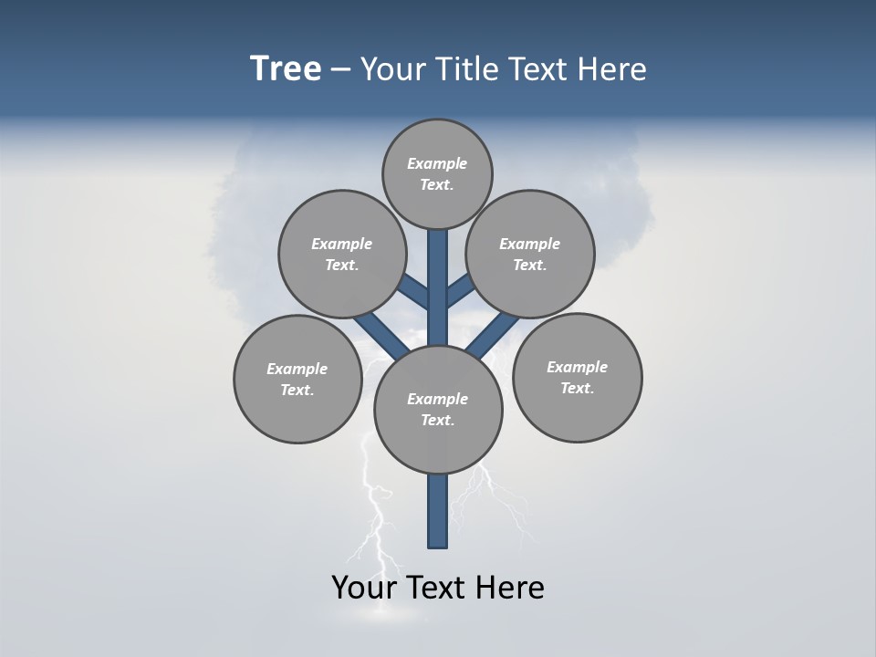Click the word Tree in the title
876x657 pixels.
pyautogui.click(x=286, y=69)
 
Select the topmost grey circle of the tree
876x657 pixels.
pyautogui.click(x=437, y=173)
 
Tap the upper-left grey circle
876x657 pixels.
pyautogui.click(x=341, y=254)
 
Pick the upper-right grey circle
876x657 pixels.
pyautogui.click(x=530, y=254)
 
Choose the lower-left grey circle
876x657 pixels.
pyautogui.click(x=297, y=379)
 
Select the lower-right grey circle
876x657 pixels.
pyautogui.click(x=578, y=377)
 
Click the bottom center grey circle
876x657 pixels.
pyautogui.click(x=438, y=409)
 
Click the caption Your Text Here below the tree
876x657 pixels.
pyautogui.click(x=438, y=588)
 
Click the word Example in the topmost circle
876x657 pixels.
pyautogui.click(x=437, y=163)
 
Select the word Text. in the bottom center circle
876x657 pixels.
pyautogui.click(x=437, y=421)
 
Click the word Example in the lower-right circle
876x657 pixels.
pyautogui.click(x=577, y=367)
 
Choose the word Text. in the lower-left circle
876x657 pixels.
pyautogui.click(x=297, y=391)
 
